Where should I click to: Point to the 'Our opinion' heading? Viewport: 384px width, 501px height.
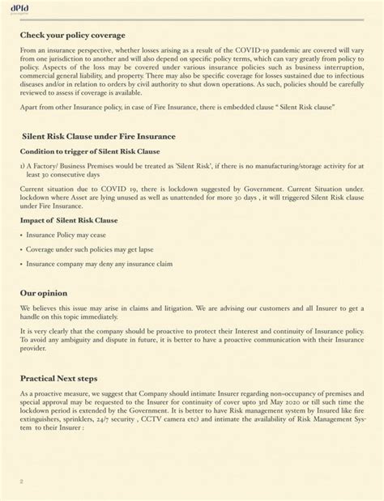coord(44,292)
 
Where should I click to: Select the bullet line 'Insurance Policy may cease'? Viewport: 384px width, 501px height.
coord(64,235)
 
